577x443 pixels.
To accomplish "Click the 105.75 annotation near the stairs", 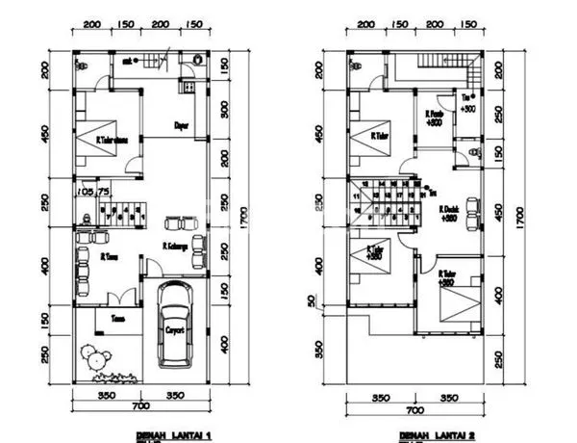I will tap(94, 190).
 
